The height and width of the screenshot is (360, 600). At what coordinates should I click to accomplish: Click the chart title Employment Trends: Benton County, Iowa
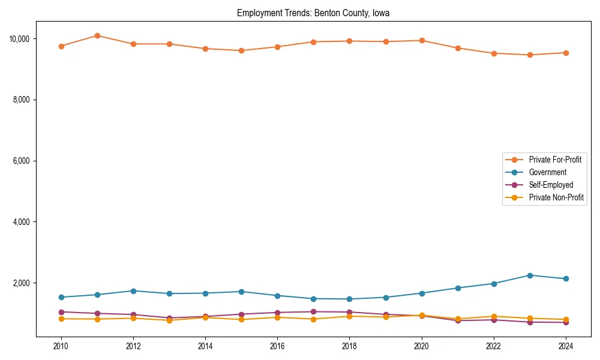313,13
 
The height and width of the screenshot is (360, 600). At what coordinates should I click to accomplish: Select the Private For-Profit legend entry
555,160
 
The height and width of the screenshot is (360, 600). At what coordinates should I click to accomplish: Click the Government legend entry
547,172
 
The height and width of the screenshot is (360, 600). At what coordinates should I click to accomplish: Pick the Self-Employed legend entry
551,185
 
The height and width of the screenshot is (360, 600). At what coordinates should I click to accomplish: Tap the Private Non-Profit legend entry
556,197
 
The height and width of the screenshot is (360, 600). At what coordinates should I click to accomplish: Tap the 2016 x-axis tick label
277,346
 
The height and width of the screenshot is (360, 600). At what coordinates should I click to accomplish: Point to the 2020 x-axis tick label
422,346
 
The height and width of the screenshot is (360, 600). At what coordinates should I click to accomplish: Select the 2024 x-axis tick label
566,346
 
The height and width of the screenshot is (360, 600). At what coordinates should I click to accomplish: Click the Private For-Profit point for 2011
97,36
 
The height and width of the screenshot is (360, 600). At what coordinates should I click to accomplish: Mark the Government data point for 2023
530,275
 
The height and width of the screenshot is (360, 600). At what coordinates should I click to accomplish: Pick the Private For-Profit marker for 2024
566,53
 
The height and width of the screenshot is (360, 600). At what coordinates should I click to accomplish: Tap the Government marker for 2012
133,291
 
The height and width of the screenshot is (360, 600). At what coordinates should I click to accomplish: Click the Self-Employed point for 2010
61,312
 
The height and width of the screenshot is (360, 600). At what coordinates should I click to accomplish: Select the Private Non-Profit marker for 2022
494,316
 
